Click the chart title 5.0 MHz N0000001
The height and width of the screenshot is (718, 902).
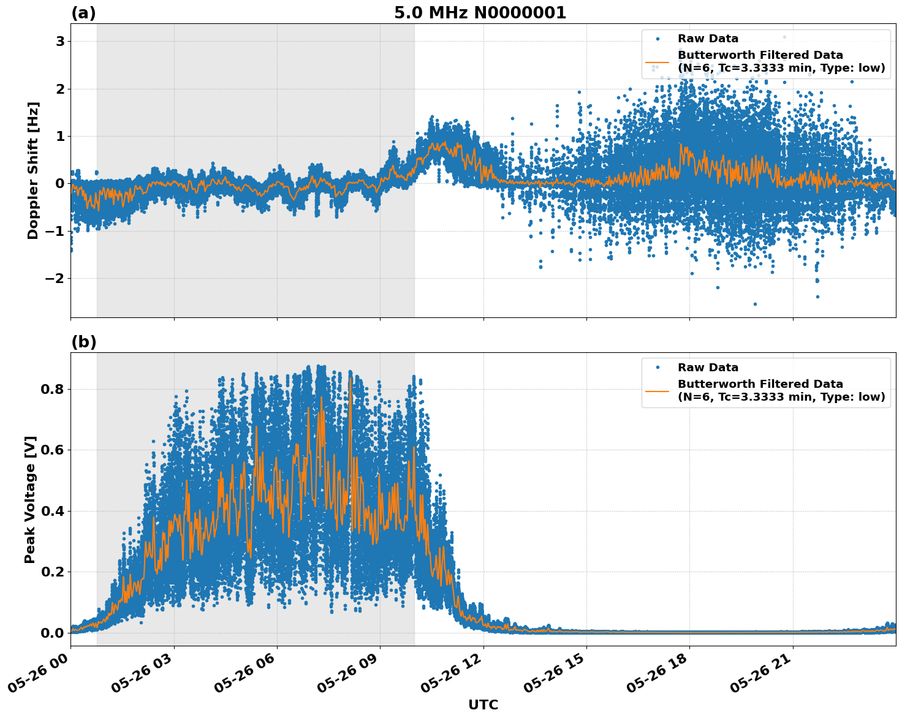tap(480, 13)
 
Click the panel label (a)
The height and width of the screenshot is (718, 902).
tap(83, 13)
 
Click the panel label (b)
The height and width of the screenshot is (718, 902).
tap(83, 342)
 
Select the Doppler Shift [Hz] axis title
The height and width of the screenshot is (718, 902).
tap(33, 170)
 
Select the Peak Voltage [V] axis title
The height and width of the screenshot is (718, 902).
tap(30, 499)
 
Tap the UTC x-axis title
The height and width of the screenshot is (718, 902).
tap(483, 705)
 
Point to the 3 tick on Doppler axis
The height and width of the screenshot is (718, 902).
tap(60, 42)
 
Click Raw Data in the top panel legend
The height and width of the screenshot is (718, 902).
tap(708, 39)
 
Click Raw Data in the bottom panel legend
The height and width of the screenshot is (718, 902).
tap(708, 368)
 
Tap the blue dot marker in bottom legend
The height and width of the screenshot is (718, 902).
tap(658, 368)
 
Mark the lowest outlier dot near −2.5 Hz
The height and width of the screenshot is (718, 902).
tap(755, 304)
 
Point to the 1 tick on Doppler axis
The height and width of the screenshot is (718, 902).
tap(60, 136)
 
